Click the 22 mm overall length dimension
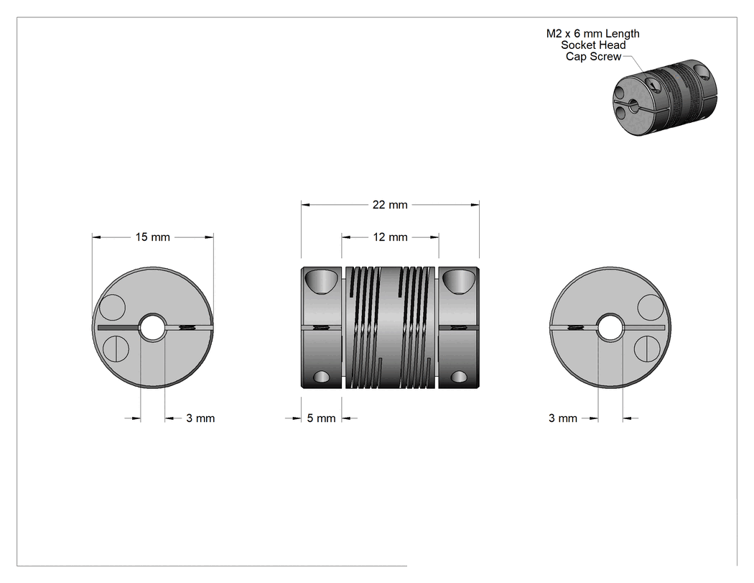tap(390, 205)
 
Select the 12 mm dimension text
tap(390, 237)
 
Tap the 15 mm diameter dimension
tap(152, 237)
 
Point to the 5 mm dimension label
tap(321, 418)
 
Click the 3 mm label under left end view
tap(200, 418)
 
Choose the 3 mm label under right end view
tap(562, 418)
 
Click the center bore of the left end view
tap(152, 327)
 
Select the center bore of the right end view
tap(610, 327)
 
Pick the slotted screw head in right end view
tap(647, 349)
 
